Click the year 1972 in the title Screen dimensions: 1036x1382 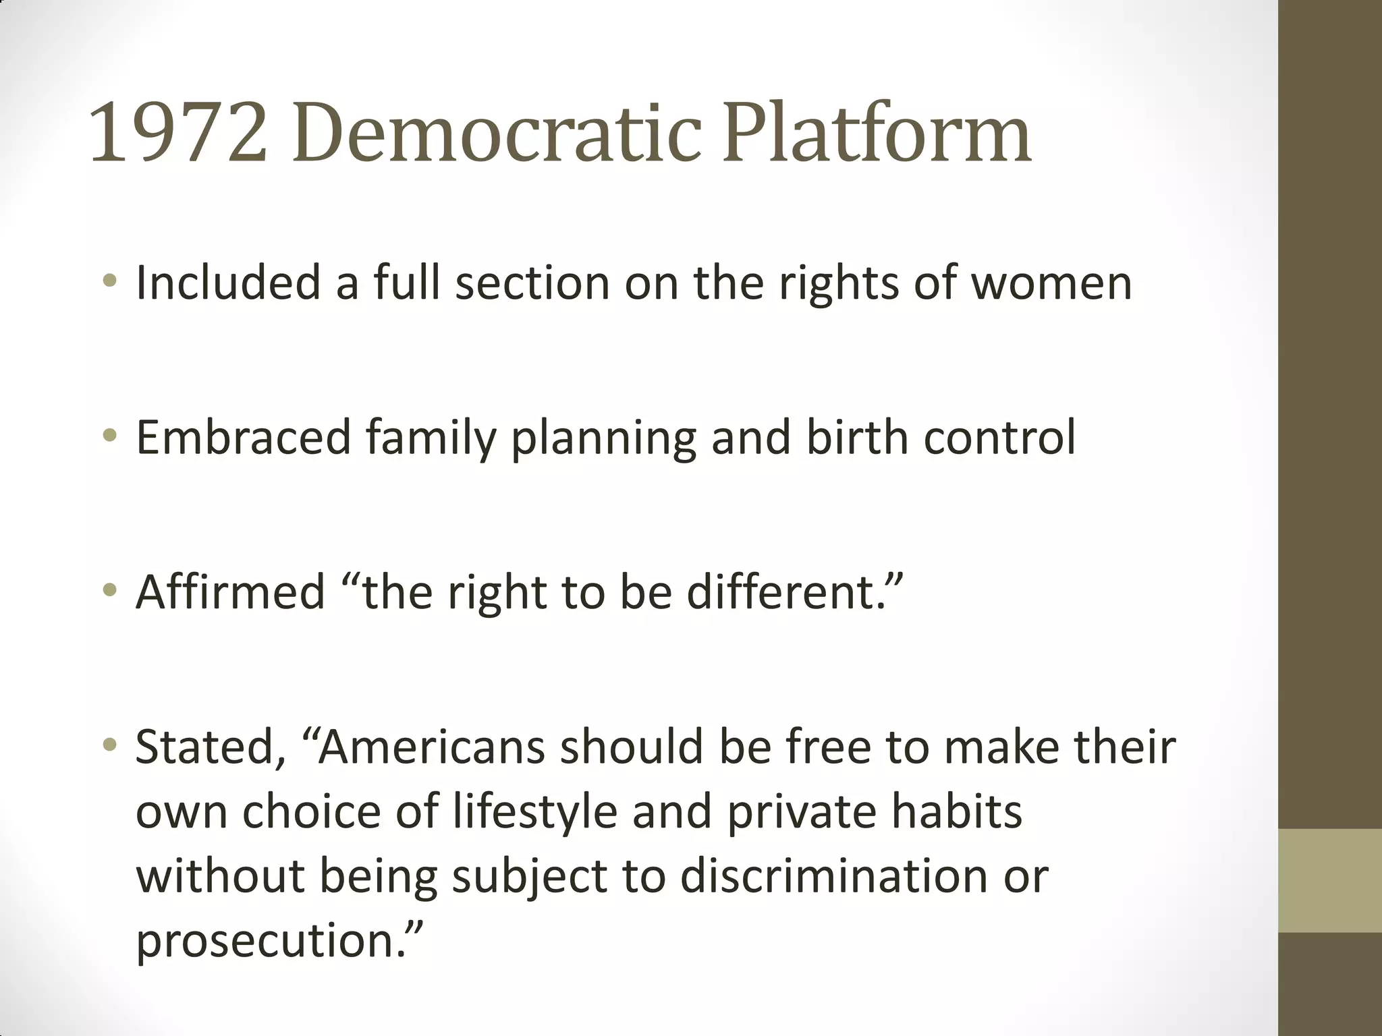[178, 133]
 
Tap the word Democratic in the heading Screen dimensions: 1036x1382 [497, 133]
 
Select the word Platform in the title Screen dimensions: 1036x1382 [877, 133]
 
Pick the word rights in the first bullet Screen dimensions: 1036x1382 [839, 283]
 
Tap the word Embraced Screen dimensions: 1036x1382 [244, 438]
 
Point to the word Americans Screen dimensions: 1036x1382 [431, 747]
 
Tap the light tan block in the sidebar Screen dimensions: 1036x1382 [1330, 881]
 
